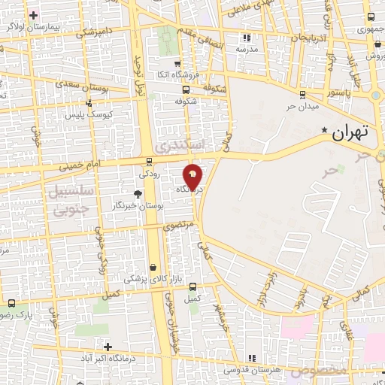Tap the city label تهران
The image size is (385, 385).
tap(350, 133)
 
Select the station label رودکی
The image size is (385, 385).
tap(149, 172)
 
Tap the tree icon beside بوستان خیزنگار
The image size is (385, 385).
tap(137, 194)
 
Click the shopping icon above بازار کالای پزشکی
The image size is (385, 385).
tap(153, 267)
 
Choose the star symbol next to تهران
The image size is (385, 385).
tap(325, 131)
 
